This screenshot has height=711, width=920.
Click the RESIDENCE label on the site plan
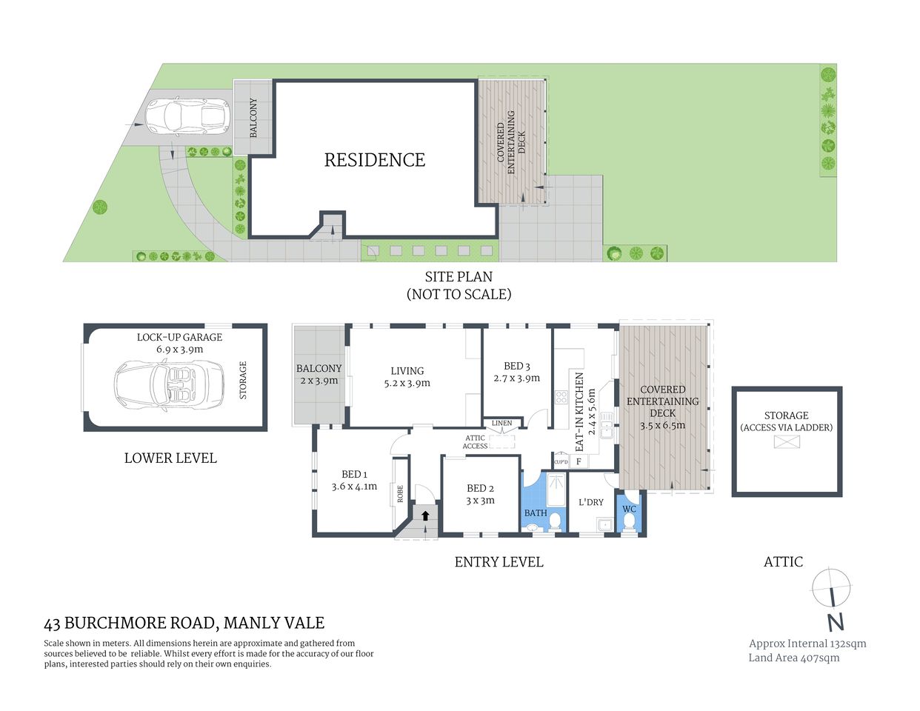pyautogui.click(x=375, y=160)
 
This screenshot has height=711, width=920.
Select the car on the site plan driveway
pyautogui.click(x=184, y=116)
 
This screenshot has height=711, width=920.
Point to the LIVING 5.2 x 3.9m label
pyautogui.click(x=407, y=377)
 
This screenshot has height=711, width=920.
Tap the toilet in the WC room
pyautogui.click(x=629, y=522)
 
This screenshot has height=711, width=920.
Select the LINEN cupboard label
pyautogui.click(x=501, y=424)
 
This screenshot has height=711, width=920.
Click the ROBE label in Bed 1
pyautogui.click(x=400, y=494)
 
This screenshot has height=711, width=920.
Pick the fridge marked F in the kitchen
pyautogui.click(x=579, y=461)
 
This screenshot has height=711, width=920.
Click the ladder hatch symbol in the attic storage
pyautogui.click(x=787, y=442)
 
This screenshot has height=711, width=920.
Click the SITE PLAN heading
pyautogui.click(x=459, y=277)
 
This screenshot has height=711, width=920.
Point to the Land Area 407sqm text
pyautogui.click(x=794, y=658)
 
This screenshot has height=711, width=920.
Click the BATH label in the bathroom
pyautogui.click(x=536, y=513)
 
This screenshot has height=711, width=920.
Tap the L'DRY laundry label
pyautogui.click(x=590, y=502)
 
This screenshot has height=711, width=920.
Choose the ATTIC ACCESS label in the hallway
pyautogui.click(x=475, y=442)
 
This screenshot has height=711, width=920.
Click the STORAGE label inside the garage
pyautogui.click(x=243, y=381)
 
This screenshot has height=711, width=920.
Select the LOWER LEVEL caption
pyautogui.click(x=170, y=458)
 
